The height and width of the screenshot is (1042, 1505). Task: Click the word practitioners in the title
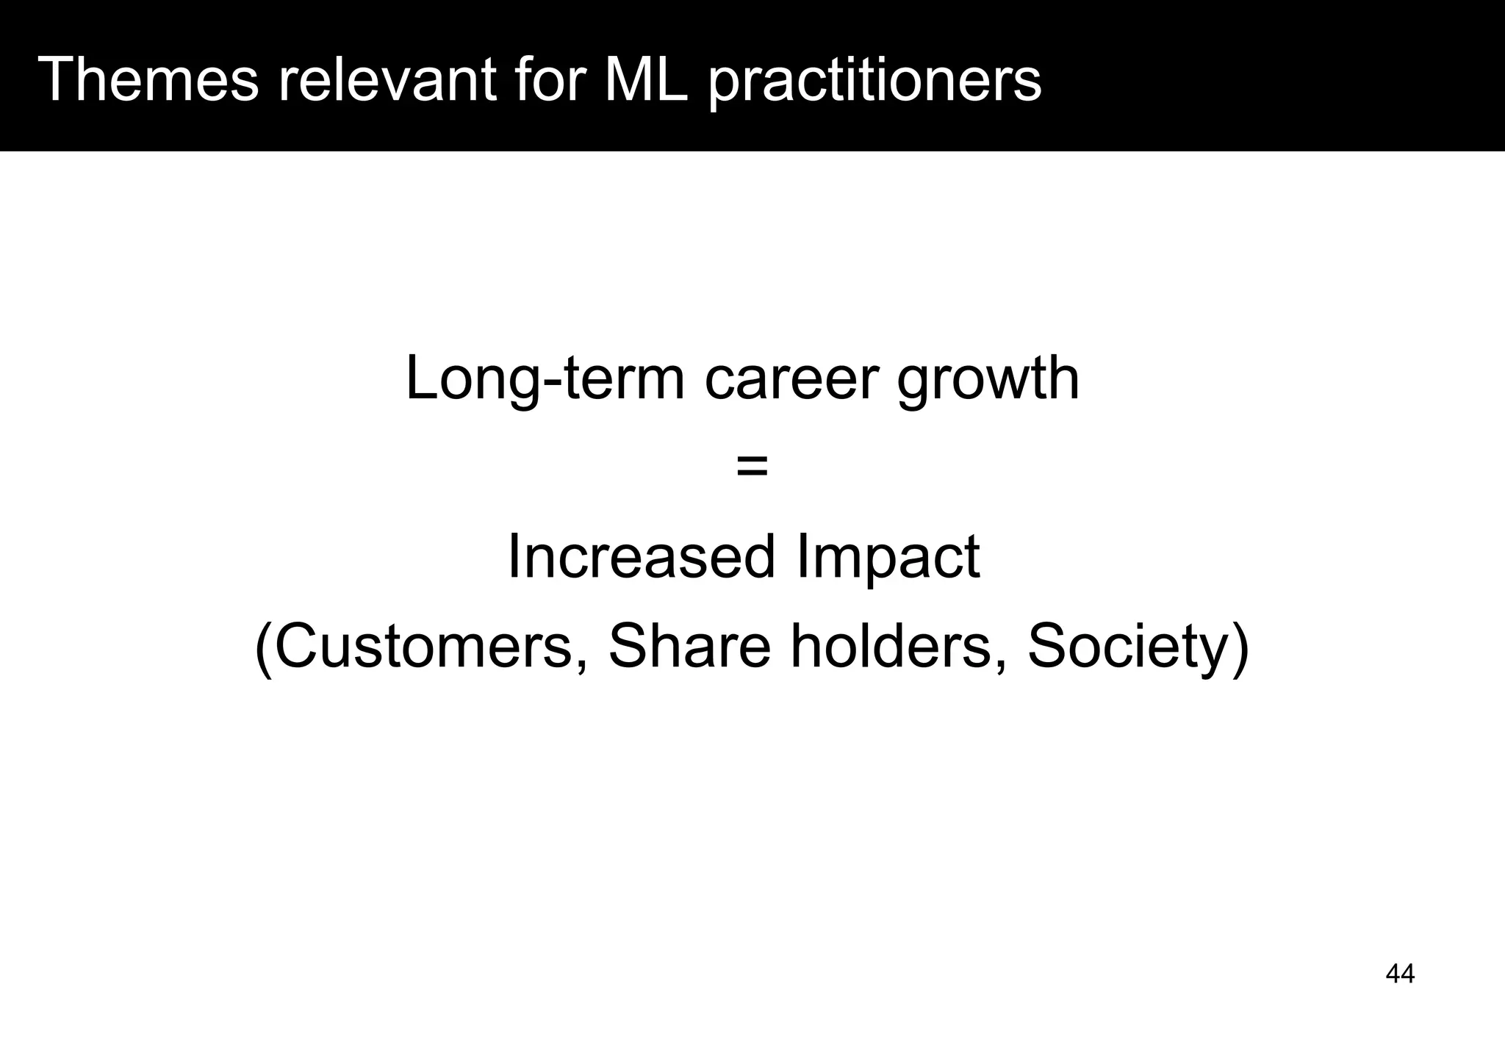[x=874, y=81]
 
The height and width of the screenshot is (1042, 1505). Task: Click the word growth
[x=988, y=379]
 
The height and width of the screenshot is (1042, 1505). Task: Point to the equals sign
[x=752, y=466]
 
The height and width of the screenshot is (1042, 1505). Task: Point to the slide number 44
[x=1400, y=974]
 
